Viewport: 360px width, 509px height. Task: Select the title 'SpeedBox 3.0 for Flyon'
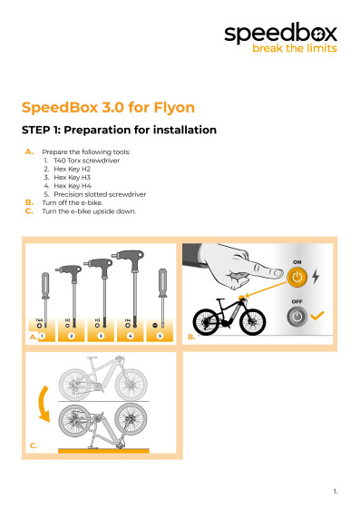108,106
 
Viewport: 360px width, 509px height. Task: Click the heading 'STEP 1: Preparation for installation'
118,130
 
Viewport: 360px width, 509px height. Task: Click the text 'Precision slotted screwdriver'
99,194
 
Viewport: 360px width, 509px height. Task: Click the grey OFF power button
297,318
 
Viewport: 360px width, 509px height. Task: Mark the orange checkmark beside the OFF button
317,318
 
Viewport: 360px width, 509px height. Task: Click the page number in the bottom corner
335,491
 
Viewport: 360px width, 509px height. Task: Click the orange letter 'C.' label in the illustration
34,446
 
